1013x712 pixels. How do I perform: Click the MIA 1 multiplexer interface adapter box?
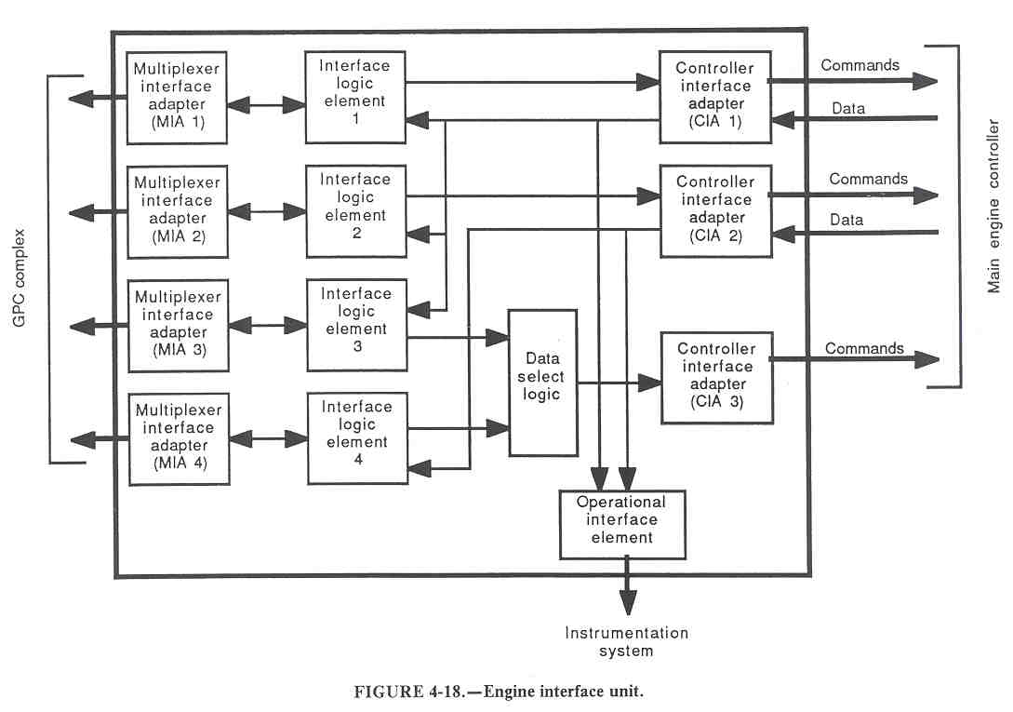177,97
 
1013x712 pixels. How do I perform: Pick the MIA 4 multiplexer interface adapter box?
178,438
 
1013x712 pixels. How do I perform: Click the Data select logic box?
542,382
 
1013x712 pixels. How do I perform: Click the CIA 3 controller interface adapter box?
714,376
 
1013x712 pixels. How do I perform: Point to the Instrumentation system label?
627,641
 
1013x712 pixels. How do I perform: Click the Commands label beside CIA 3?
864,349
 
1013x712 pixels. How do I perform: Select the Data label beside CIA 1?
847,109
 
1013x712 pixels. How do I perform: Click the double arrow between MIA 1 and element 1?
266,105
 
